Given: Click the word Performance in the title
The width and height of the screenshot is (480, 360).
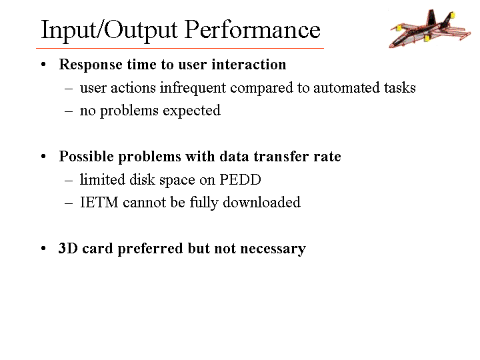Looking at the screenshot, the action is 253,30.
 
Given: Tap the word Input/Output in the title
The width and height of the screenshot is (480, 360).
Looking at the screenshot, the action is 109,31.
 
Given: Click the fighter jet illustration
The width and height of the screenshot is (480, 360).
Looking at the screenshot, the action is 430,29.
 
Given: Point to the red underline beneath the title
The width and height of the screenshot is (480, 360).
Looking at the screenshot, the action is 180,48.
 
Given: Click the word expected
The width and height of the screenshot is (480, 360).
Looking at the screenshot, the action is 191,111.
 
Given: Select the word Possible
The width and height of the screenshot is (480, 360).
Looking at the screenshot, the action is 87,157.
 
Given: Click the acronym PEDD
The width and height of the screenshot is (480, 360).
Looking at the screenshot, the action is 240,180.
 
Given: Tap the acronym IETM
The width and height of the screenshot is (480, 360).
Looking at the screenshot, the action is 99,203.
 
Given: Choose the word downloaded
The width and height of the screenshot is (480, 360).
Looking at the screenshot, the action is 261,203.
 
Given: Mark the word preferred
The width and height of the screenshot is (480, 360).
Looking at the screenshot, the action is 150,249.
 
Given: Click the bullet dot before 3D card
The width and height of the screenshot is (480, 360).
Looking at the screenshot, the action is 43,248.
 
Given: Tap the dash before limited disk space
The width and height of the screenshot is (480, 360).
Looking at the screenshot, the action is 69,181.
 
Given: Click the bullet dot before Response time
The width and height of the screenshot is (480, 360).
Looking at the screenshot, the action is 43,65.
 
